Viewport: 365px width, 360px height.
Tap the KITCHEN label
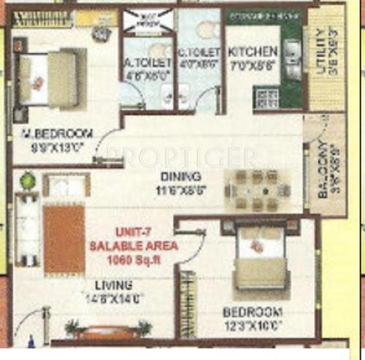(x=253, y=52)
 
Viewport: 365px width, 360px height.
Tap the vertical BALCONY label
(x=323, y=172)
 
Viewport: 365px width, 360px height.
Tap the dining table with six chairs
(x=257, y=190)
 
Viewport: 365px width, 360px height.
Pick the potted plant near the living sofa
(x=28, y=180)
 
